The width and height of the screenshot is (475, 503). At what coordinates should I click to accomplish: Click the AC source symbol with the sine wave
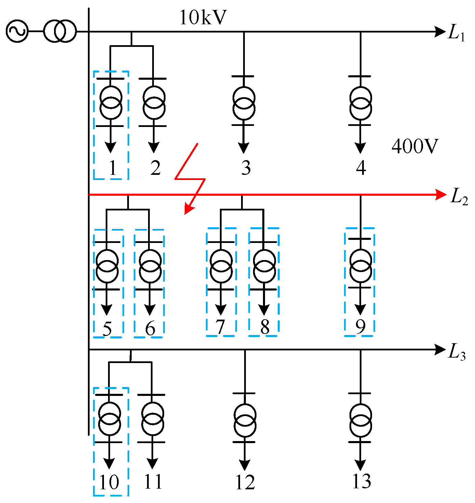[17, 31]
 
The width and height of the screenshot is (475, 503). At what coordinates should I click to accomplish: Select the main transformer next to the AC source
[60, 31]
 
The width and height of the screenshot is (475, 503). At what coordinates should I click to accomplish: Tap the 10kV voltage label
[203, 18]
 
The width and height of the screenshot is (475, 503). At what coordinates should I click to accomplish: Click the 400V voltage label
[414, 146]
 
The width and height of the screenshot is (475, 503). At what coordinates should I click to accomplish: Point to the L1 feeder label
[457, 34]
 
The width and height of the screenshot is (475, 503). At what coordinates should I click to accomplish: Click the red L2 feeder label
[459, 196]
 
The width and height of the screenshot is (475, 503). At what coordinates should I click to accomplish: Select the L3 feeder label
[457, 352]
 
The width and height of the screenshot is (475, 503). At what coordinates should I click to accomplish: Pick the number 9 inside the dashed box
[360, 327]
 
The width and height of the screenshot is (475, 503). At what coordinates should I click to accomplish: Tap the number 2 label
[155, 168]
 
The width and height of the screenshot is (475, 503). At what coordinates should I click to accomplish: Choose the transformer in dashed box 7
[221, 266]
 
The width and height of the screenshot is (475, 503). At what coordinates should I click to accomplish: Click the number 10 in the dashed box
[109, 482]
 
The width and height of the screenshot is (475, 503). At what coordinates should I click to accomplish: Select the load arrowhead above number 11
[152, 464]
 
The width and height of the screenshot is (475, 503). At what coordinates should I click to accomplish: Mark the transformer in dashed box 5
[107, 266]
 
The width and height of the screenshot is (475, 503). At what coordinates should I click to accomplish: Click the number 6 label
[150, 329]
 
